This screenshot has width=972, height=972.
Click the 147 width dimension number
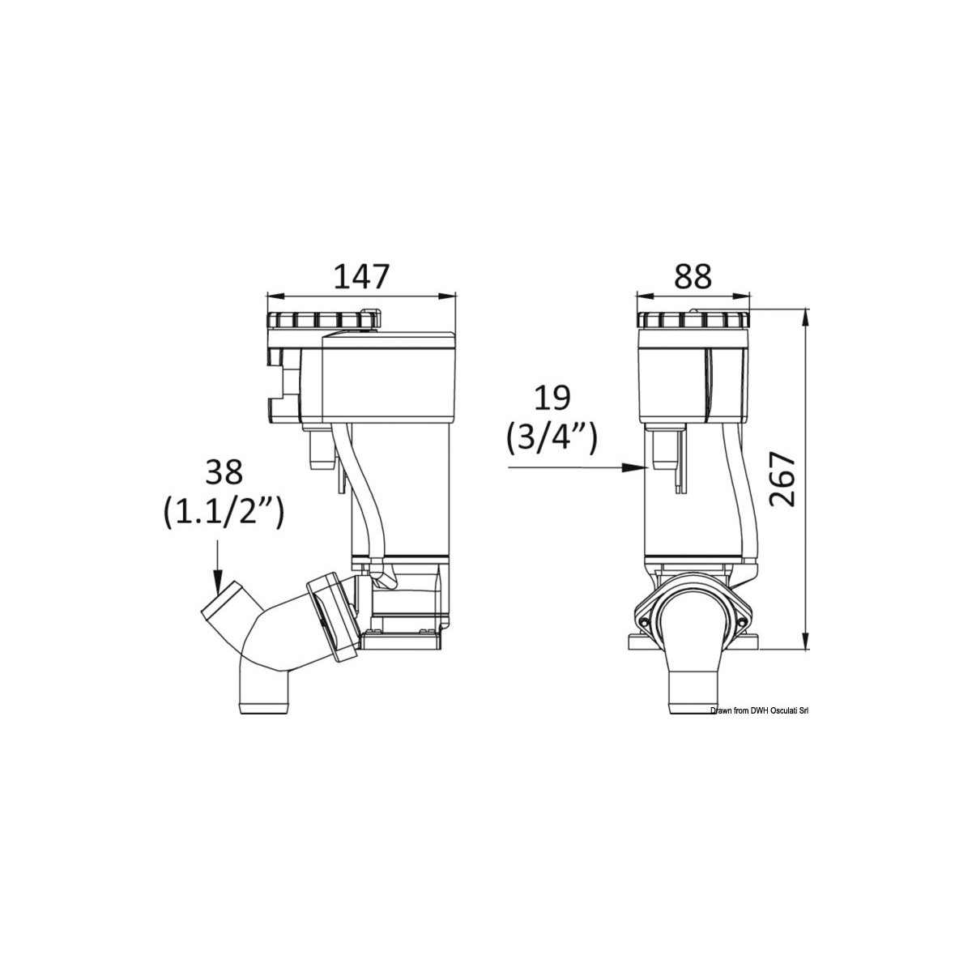363,276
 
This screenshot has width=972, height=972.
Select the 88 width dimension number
693,276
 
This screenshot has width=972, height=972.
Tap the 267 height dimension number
782,480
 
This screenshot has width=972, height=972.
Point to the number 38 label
224,472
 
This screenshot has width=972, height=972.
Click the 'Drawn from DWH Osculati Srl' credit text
760,710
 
